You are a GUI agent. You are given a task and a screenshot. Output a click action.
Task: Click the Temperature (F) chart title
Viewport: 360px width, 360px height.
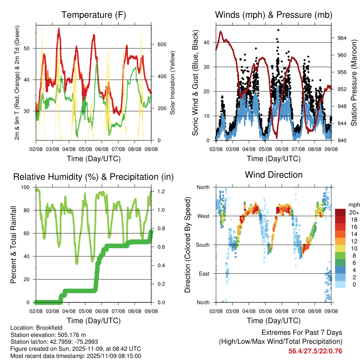click(94, 15)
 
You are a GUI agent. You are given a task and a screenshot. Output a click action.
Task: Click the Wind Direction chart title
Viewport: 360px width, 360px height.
click(274, 174)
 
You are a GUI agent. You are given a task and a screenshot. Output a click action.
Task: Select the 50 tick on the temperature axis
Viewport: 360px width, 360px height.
click(30, 48)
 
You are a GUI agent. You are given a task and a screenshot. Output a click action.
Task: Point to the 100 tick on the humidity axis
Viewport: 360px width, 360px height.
click(26, 187)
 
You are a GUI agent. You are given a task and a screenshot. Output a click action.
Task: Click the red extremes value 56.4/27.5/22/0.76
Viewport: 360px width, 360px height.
click(315, 351)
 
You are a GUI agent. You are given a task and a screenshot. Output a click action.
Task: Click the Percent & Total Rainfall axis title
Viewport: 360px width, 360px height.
click(13, 245)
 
